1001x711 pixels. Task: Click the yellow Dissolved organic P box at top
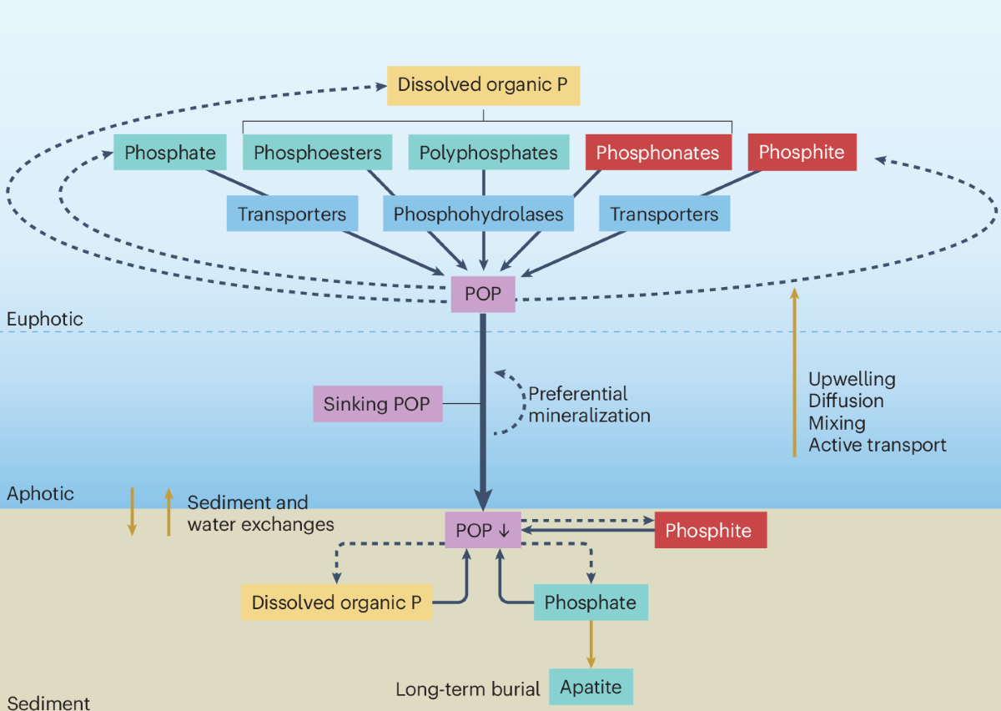[483, 84]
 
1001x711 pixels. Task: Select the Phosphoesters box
[317, 153]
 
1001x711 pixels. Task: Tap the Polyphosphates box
[488, 153]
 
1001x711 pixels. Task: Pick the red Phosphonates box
[657, 153]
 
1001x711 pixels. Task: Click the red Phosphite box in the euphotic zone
[801, 152]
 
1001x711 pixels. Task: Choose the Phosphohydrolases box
[478, 214]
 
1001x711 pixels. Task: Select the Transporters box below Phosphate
[291, 214]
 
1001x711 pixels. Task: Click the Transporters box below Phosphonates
[664, 214]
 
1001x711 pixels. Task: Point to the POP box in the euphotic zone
[483, 294]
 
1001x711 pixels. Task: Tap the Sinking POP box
[378, 404]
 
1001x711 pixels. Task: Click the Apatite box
[591, 688]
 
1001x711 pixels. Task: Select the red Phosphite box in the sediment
[709, 531]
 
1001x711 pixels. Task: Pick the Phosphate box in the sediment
[590, 603]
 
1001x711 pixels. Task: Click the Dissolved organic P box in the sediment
[336, 603]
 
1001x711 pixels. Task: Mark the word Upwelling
[851, 379]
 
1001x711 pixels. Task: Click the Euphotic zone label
[45, 319]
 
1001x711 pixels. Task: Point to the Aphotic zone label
[40, 493]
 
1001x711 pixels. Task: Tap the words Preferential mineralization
[588, 404]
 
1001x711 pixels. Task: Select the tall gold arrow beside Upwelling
[794, 372]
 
